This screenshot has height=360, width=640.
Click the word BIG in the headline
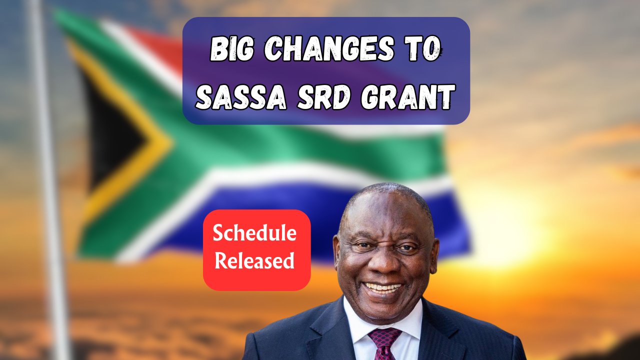231,48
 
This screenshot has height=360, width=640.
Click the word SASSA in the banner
241,97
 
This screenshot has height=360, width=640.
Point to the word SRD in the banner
323,97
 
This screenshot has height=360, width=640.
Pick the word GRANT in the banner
407,97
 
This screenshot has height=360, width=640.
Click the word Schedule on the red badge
254,233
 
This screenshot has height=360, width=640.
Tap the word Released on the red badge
254,260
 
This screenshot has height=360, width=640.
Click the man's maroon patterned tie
384,343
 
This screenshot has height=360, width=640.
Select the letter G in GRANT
369,97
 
